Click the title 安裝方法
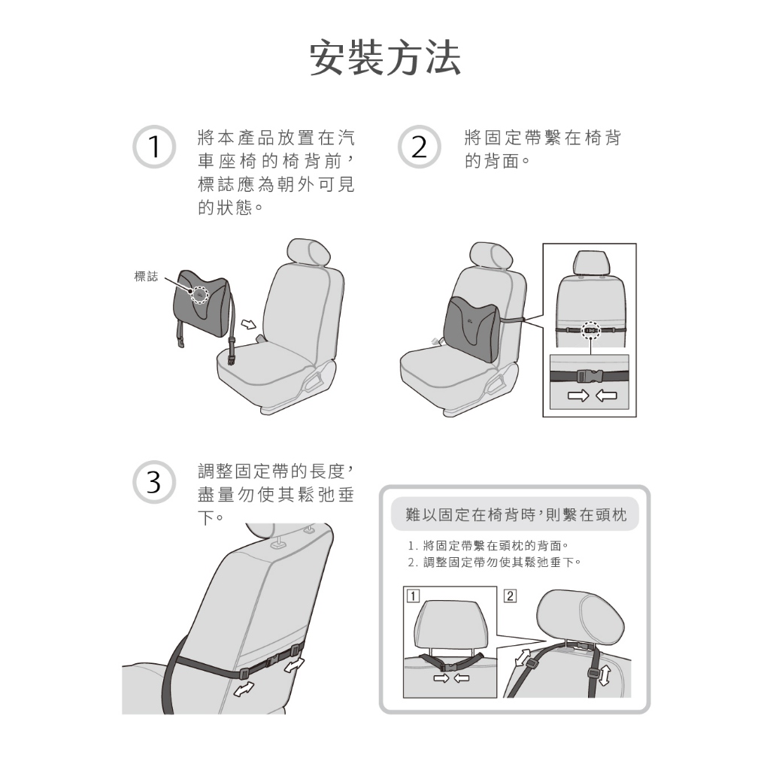click(x=385, y=58)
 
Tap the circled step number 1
click(x=154, y=147)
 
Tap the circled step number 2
click(x=420, y=147)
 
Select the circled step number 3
click(x=154, y=482)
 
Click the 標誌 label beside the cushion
click(x=146, y=277)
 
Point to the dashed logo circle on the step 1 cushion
click(x=199, y=295)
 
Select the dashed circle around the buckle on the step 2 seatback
click(x=591, y=331)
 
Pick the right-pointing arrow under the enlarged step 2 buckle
click(x=578, y=396)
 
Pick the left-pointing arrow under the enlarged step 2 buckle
click(x=607, y=396)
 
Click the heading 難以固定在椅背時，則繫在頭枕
click(x=516, y=514)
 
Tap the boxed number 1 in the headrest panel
click(x=413, y=596)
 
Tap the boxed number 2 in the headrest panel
click(x=511, y=596)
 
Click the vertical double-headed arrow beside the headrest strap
click(x=605, y=675)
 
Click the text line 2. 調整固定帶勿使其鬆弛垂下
click(x=495, y=562)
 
